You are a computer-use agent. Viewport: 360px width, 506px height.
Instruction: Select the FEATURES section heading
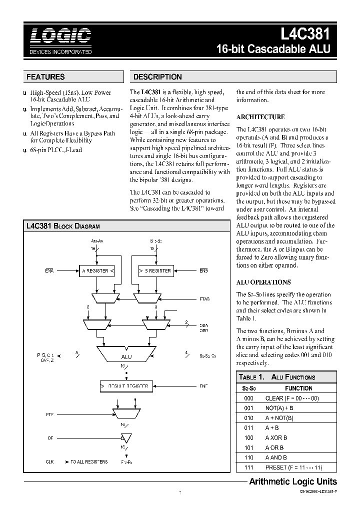(45, 77)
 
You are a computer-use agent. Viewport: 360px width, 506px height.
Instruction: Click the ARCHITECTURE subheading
(260, 116)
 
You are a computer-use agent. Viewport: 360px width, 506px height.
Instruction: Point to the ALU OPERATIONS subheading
(263, 282)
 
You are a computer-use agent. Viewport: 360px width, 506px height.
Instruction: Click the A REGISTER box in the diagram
(97, 271)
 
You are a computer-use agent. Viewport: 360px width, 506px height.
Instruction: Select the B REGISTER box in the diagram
(155, 271)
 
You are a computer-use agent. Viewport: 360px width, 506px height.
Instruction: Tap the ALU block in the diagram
(126, 356)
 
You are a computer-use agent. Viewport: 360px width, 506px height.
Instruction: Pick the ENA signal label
(49, 271)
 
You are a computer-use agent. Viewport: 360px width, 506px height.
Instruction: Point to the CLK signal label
(49, 462)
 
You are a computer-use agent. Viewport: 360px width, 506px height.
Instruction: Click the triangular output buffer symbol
(126, 438)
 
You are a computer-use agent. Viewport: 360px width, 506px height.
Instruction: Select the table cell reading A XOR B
(275, 437)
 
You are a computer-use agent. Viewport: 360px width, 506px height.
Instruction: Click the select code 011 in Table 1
(249, 427)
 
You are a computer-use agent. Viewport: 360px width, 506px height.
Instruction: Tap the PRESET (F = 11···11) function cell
(294, 467)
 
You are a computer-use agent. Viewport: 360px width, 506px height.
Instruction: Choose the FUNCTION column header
(298, 388)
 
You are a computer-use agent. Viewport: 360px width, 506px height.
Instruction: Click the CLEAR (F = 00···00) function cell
(292, 398)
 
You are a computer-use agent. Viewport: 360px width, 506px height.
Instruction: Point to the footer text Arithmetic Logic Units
(293, 482)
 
